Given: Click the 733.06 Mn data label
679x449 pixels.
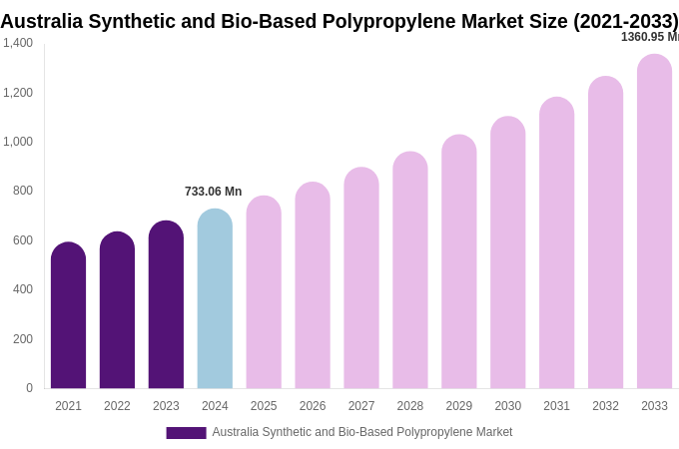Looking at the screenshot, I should point(213,192).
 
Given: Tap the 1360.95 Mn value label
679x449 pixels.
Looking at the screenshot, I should point(649,37).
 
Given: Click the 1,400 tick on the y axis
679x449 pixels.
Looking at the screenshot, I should point(18,43).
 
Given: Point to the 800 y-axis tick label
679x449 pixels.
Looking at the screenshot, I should point(23,191).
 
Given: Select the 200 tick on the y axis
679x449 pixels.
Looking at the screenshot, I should point(23,339).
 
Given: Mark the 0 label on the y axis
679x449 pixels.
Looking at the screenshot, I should point(29,388).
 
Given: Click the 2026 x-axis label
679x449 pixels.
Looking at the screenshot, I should point(313,406).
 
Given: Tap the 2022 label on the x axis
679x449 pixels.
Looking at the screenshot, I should point(117,406).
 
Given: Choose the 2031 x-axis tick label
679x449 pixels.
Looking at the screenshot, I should point(556,406).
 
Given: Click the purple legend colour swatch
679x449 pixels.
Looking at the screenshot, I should point(186,433).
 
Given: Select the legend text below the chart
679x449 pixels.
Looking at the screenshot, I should point(361,432).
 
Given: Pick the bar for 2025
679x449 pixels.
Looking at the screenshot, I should point(264,292).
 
